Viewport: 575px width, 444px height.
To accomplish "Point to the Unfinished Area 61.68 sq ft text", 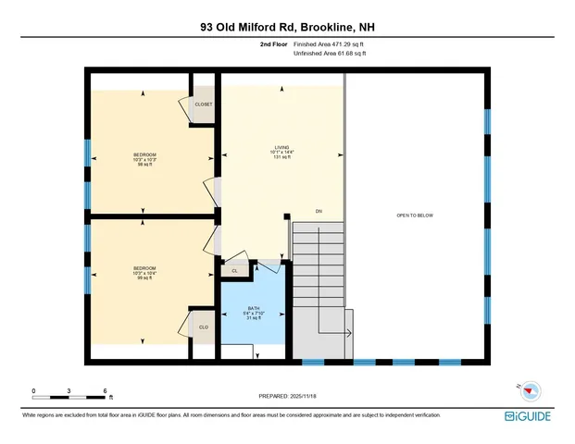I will coord(330,54).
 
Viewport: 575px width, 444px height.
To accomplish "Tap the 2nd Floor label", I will coord(273,43).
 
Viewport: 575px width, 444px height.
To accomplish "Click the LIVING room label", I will coord(281,147).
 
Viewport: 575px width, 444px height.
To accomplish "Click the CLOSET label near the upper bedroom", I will coord(203,105).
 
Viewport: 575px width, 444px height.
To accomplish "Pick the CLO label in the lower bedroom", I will coord(203,327).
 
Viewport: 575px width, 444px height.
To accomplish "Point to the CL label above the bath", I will coord(235,271).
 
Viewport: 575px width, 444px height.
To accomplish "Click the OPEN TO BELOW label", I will coord(415,216).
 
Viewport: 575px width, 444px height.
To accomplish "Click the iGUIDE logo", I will coord(531,415).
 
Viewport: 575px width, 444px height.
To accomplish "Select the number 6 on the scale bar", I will coord(106,390).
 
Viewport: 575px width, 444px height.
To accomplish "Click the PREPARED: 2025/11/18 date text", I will coord(287,395).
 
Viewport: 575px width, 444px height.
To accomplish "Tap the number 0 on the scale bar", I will coord(33,390).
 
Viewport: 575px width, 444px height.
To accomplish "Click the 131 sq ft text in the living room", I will coord(281,157).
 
